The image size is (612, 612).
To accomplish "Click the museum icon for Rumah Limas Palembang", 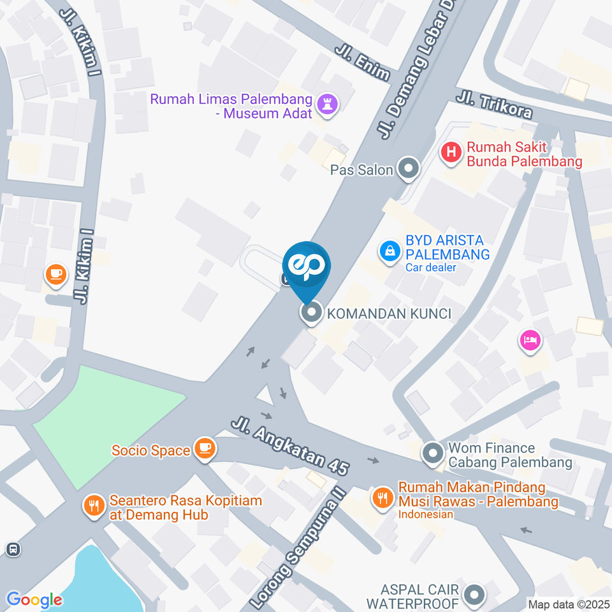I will click(x=328, y=105).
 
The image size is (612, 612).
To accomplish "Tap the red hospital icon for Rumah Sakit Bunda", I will click(x=451, y=153).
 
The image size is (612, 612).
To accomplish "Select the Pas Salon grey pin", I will click(x=408, y=170).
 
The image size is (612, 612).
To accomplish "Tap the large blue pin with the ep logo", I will click(x=307, y=267).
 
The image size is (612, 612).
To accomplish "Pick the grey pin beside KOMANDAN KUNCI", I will click(x=312, y=313).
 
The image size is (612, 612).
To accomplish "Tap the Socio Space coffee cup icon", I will click(x=205, y=449).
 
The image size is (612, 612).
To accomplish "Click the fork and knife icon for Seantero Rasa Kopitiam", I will click(x=94, y=507).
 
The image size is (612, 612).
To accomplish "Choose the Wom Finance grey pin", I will click(x=432, y=454).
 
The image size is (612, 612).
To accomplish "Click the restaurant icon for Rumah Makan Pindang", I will click(x=382, y=496).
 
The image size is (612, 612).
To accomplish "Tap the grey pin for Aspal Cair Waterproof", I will click(x=474, y=595).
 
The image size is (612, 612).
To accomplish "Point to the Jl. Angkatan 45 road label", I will click(x=291, y=446).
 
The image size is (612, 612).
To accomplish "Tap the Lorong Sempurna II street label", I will click(x=296, y=550).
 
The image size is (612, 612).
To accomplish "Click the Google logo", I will click(x=34, y=599).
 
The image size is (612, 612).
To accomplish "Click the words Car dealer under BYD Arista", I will click(x=431, y=268).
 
